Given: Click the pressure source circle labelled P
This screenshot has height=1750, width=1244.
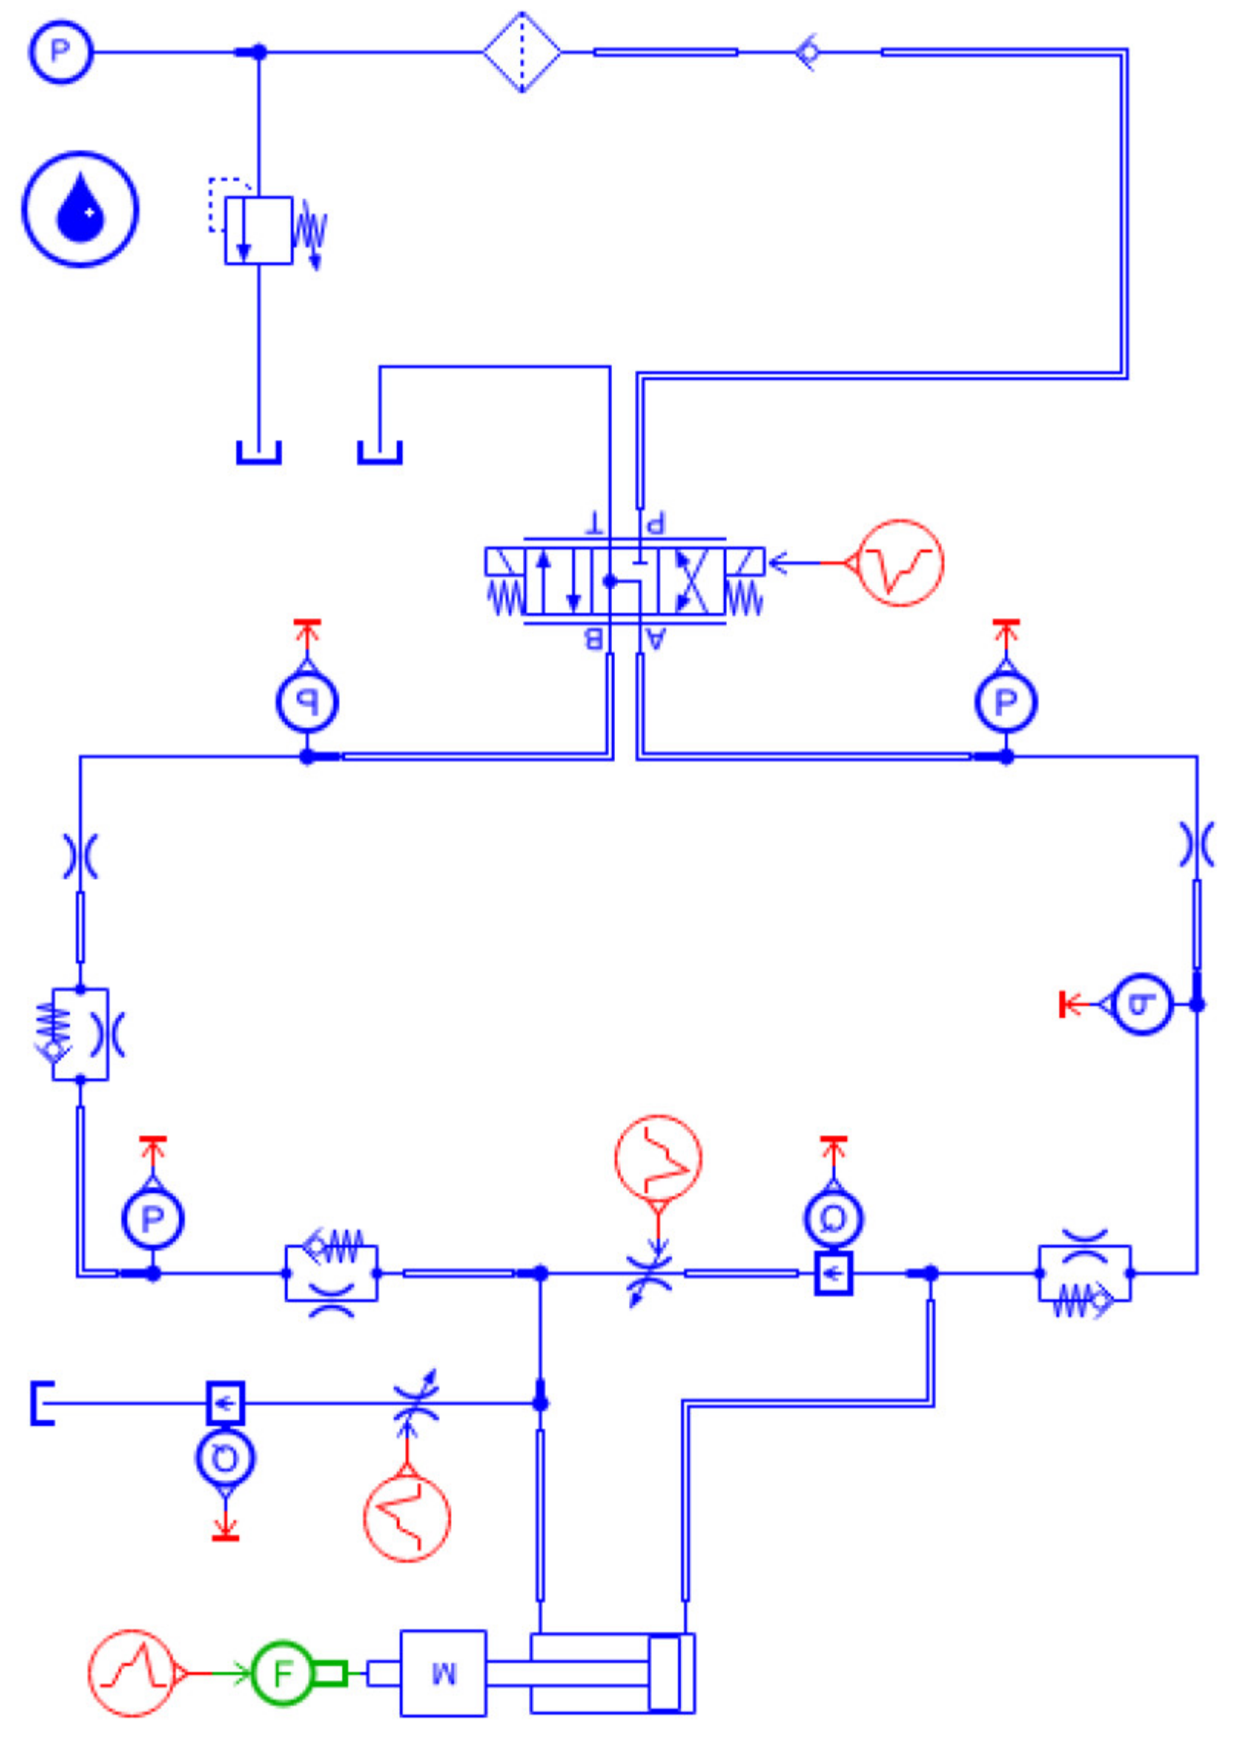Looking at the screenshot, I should tap(60, 52).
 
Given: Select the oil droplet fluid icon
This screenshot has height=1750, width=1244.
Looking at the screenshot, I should tap(80, 208).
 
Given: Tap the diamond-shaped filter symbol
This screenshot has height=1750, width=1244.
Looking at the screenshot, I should tap(521, 52).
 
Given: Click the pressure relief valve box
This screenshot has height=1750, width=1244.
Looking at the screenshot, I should tap(258, 231).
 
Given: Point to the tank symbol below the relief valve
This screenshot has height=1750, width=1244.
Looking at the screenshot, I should tap(258, 453).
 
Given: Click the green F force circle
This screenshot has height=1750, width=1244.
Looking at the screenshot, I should tap(283, 1673).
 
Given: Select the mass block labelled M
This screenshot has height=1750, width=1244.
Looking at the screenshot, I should tap(443, 1673).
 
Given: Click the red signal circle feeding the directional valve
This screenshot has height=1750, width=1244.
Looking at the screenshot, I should tap(900, 563).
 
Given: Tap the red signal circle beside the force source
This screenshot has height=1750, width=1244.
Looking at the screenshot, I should tap(131, 1673).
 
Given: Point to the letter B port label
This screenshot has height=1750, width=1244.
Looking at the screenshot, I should tap(594, 639).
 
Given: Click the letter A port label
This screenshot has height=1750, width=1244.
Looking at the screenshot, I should tap(656, 639).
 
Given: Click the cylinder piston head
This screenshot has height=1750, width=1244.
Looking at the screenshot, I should tap(664, 1673).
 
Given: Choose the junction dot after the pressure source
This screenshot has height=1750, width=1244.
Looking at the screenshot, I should tap(259, 52).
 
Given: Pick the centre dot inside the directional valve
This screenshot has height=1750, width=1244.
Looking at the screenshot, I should tap(610, 582).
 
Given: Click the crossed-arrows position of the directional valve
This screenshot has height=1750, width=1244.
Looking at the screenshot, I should tap(692, 581).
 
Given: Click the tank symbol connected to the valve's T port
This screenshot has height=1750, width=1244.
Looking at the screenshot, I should tap(380, 453).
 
